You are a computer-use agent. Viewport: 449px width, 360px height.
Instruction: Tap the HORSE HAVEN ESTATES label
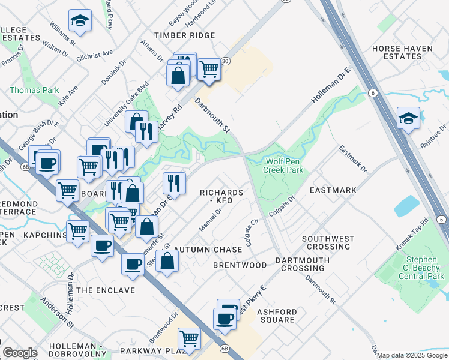pyautogui.click(x=405, y=52)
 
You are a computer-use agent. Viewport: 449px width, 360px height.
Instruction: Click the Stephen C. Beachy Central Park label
pyautogui.click(x=421, y=268)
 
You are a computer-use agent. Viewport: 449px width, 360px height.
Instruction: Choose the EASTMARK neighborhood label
pyautogui.click(x=333, y=190)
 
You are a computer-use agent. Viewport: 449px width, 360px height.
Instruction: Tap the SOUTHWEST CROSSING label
pyautogui.click(x=328, y=242)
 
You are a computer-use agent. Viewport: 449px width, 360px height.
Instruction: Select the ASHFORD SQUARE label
pyautogui.click(x=276, y=316)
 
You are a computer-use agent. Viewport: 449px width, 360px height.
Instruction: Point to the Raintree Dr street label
pyautogui.click(x=434, y=136)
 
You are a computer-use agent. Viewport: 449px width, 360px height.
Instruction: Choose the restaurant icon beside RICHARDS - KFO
pyautogui.click(x=173, y=182)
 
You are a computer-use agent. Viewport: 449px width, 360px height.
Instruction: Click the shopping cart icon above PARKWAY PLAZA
pyautogui.click(x=190, y=338)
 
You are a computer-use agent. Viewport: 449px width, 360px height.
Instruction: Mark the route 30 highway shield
pyautogui.click(x=225, y=61)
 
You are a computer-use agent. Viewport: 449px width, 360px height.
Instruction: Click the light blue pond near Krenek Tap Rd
pyautogui.click(x=406, y=206)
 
